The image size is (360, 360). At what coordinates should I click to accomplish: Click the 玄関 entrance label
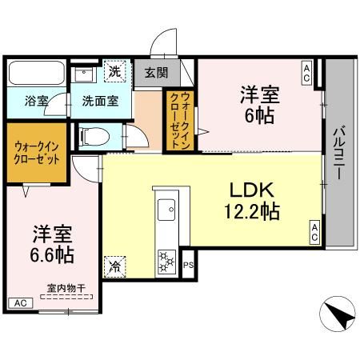[157, 73]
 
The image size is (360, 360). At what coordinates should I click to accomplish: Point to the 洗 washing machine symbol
[116, 71]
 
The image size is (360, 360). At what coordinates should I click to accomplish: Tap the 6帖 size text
[260, 115]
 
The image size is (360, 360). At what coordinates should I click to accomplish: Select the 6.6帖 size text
[54, 256]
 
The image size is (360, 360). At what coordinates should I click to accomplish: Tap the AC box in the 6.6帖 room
[20, 303]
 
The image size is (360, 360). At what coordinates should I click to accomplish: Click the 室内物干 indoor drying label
[66, 289]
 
